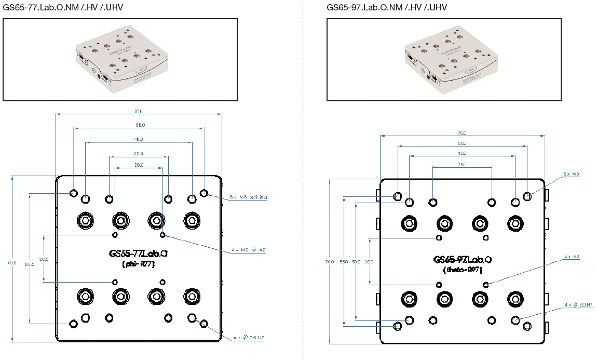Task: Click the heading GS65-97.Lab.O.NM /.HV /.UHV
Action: (387, 7)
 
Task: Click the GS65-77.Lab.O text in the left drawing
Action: (139, 254)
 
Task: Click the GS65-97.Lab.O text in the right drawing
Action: (463, 259)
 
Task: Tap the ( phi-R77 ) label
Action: (138, 264)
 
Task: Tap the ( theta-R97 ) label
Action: (463, 270)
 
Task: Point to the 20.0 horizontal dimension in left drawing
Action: (139, 165)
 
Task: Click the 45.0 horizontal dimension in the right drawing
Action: (462, 153)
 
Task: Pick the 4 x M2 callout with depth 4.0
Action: (249, 250)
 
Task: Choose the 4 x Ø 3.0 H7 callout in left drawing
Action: (249, 338)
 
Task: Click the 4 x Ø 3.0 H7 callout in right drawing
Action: (579, 305)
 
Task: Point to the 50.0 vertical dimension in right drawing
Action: (356, 262)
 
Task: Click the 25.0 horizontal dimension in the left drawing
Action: (139, 154)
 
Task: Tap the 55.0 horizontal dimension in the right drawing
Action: (462, 143)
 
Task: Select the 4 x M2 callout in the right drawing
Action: (572, 257)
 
